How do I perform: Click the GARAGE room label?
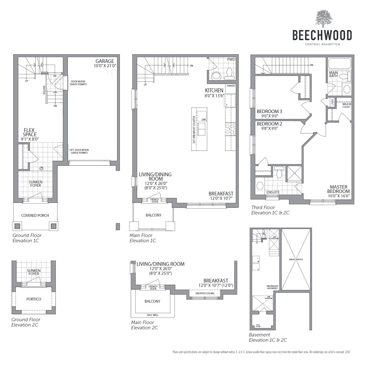click(104, 61)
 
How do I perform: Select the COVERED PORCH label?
click(35, 216)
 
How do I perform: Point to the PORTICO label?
click(33, 299)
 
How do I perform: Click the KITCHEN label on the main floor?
click(214, 90)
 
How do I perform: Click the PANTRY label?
click(231, 86)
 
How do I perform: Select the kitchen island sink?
click(201, 129)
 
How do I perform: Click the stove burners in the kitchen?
click(230, 129)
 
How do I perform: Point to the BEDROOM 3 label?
click(269, 112)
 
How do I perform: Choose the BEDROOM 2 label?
click(269, 124)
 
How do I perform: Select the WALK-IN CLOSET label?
click(346, 106)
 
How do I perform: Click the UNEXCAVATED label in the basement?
click(296, 259)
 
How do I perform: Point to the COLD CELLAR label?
click(258, 326)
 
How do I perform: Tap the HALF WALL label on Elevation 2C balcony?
click(153, 315)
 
